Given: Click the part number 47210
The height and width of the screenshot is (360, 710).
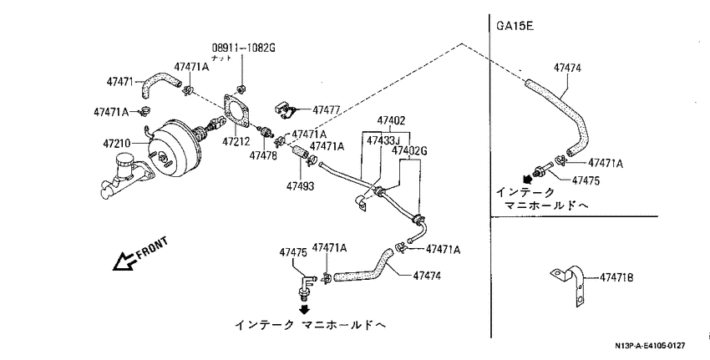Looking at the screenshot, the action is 116,144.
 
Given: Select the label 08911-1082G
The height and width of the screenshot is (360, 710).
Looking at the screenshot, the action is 244,48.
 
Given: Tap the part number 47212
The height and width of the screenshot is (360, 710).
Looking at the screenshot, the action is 236,142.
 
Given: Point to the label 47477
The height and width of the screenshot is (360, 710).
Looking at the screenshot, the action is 326,109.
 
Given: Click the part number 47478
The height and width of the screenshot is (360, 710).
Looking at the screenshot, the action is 262,155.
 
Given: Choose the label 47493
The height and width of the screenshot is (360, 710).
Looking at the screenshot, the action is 300,186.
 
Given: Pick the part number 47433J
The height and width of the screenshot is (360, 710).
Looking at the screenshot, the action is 383,140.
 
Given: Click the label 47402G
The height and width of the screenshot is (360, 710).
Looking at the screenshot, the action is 409,150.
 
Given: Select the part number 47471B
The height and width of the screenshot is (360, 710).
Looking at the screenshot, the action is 616,277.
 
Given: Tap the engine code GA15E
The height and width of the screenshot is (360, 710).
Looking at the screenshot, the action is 515,26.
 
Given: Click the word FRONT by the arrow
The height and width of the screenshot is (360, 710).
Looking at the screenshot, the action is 152,247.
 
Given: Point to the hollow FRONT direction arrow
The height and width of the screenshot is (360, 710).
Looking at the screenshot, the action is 124,261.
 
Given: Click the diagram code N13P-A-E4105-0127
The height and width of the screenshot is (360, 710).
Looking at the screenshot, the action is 650,346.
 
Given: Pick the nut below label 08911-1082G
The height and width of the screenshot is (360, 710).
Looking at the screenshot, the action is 241,88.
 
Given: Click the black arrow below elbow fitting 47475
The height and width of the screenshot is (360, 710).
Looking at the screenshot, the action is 305,309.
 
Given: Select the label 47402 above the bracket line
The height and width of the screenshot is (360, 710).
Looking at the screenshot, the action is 391,120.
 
